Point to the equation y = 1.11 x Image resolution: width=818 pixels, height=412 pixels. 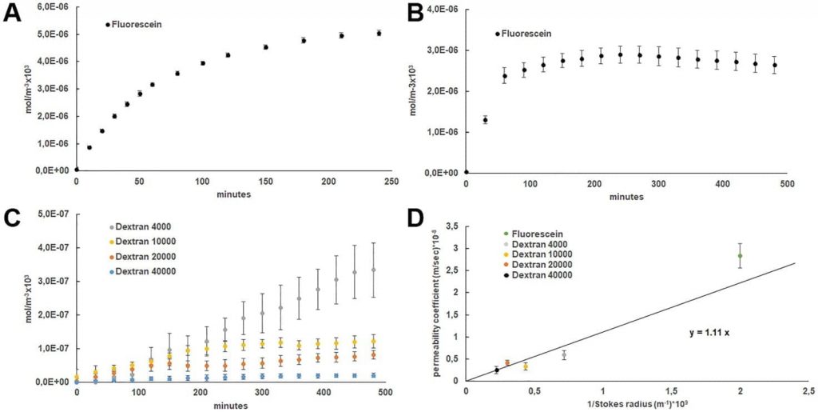[711, 332]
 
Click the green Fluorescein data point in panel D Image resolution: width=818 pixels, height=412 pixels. [740, 256]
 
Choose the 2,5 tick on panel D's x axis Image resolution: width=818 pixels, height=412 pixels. [808, 391]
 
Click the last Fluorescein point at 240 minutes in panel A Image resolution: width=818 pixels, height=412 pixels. [379, 33]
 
